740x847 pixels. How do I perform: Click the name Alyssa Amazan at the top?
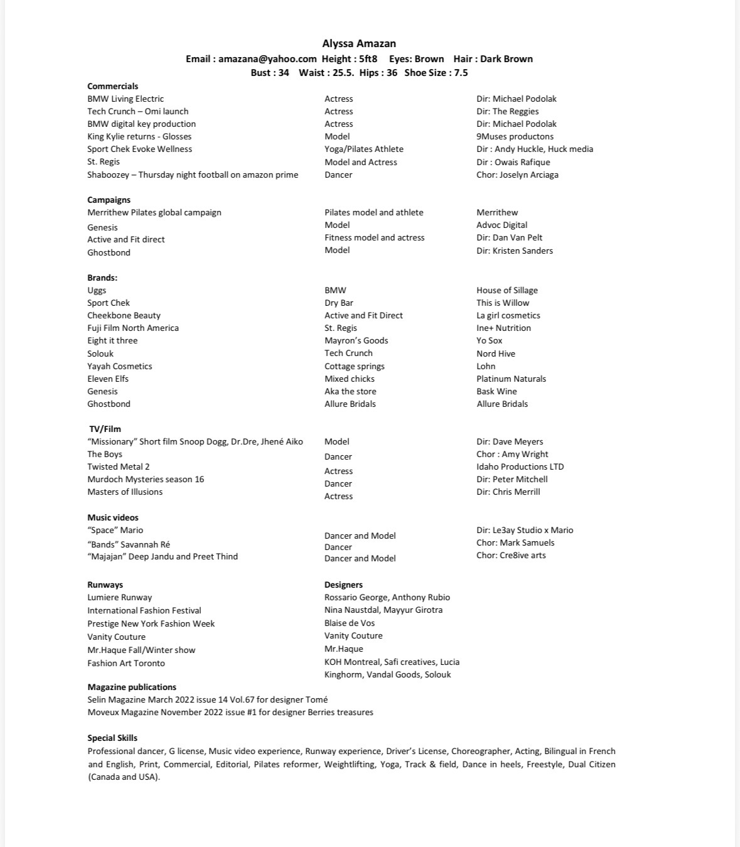[x=358, y=43]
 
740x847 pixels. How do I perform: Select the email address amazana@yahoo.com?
[x=267, y=59]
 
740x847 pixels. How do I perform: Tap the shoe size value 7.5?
[x=461, y=73]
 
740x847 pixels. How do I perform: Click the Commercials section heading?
[x=112, y=86]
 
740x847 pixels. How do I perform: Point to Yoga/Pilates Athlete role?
[x=363, y=149]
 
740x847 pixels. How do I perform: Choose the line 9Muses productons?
[x=515, y=136]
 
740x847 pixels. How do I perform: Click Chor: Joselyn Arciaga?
[x=517, y=175]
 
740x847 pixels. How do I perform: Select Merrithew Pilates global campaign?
[x=154, y=212]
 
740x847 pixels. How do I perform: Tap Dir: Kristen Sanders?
[x=514, y=251]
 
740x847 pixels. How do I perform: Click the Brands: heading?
[x=102, y=278]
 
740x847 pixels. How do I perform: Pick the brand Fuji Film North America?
[x=132, y=328]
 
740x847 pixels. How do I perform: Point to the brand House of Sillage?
[x=507, y=290]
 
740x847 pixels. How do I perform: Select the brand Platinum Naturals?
[x=511, y=379]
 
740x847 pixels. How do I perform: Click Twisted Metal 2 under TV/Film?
[x=118, y=467]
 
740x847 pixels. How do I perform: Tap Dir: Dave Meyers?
[x=510, y=441]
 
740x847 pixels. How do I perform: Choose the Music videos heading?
[x=112, y=517]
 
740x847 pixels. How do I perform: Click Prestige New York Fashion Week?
[x=151, y=623]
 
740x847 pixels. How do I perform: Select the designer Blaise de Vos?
[x=349, y=623]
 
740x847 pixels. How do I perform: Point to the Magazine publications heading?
[x=131, y=687]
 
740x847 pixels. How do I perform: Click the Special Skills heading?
[x=112, y=738]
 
